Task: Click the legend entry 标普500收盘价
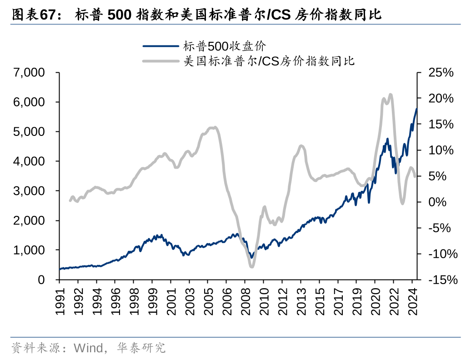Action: pos(225,46)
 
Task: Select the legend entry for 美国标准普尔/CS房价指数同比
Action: pos(269,61)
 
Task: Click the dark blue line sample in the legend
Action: pos(161,46)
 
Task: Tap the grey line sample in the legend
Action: pos(161,61)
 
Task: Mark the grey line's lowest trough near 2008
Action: pos(252,266)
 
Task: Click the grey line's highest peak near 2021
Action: pos(391,95)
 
